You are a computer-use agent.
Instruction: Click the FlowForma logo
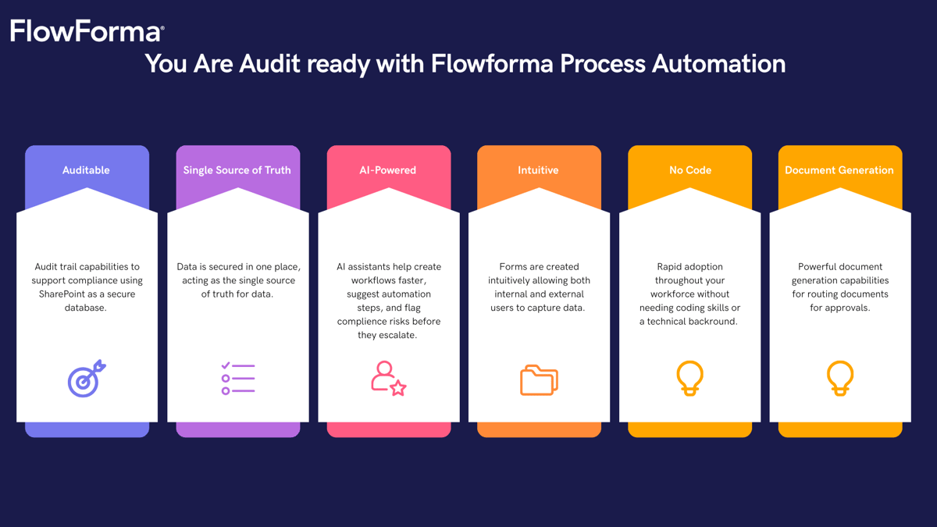click(87, 31)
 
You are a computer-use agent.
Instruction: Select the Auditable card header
click(86, 170)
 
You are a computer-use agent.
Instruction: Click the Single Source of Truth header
click(237, 170)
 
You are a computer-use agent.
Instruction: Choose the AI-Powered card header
click(388, 170)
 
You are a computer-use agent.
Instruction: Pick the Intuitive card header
click(538, 170)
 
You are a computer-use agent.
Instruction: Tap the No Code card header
click(689, 170)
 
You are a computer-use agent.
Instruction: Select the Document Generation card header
click(839, 170)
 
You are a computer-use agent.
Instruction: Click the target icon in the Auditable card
click(86, 379)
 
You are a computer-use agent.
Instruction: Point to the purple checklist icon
click(237, 379)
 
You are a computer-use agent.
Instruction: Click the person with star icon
click(388, 379)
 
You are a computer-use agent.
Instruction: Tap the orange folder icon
click(539, 380)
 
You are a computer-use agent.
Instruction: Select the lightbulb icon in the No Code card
click(689, 379)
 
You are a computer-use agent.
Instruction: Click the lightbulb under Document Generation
click(840, 379)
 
